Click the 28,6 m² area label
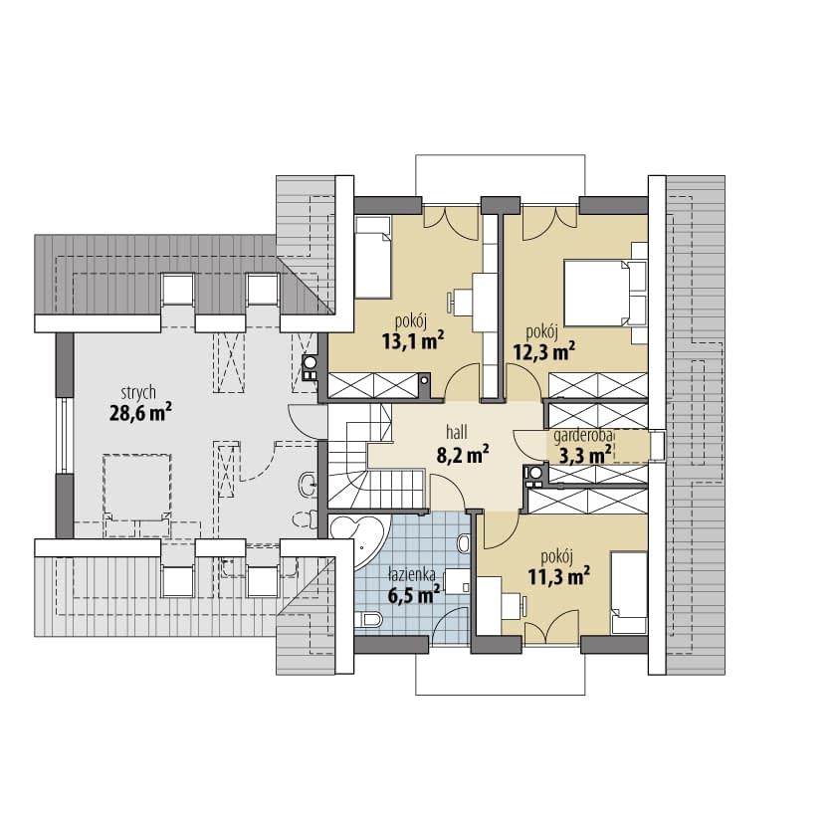coord(140,412)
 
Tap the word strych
coord(138,392)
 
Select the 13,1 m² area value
coord(413,341)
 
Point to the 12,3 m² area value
coord(543,351)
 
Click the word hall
coord(457,432)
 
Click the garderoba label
coord(583,437)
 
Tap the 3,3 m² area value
coord(584,456)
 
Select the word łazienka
coord(412,574)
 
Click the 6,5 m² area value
coord(414,595)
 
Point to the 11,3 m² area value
coord(558,575)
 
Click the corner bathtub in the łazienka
coord(358,540)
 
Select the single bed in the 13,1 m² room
coord(373,258)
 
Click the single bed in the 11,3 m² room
coord(629,592)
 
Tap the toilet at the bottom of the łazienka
coord(368,619)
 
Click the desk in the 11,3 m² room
coord(490,605)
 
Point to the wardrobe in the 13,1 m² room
coord(373,386)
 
